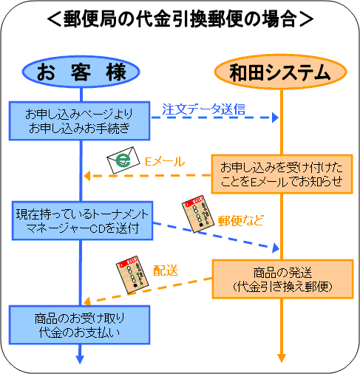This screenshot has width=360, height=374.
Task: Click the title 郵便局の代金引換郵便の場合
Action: pyautogui.click(x=180, y=19)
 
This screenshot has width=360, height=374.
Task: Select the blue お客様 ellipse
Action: pyautogui.click(x=81, y=72)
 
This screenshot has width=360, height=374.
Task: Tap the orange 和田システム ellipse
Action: pyautogui.click(x=280, y=72)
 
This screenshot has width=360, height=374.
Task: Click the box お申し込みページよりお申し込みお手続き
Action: pyautogui.click(x=80, y=121)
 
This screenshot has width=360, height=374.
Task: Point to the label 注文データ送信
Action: pyautogui.click(x=204, y=109)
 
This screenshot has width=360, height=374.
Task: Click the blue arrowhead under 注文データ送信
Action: pyautogui.click(x=275, y=118)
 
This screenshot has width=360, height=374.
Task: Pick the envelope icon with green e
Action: pyautogui.click(x=123, y=160)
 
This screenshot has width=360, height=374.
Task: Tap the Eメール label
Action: pyautogui.click(x=165, y=162)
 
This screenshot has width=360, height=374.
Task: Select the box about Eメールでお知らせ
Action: pyautogui.click(x=282, y=174)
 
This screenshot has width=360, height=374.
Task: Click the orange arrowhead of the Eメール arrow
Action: pyautogui.click(x=87, y=176)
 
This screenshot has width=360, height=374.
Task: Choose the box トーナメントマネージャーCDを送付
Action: pyautogui.click(x=83, y=221)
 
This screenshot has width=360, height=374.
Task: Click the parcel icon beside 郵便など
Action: pyautogui.click(x=198, y=214)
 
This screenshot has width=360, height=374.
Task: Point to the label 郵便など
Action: pyautogui.click(x=240, y=221)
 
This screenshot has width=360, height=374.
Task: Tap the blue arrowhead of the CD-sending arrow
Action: pyautogui.click(x=276, y=248)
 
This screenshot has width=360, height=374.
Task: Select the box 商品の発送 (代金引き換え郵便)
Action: pyautogui.click(x=283, y=279)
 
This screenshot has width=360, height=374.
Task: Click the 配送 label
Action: pyautogui.click(x=166, y=271)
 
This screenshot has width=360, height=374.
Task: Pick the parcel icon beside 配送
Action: pyautogui.click(x=132, y=274)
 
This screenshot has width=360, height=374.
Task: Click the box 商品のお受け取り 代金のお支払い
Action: pyautogui.click(x=80, y=325)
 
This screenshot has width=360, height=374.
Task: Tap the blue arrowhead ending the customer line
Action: pyautogui.click(x=80, y=359)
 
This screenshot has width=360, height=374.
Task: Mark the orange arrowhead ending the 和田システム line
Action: pyautogui.click(x=282, y=358)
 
